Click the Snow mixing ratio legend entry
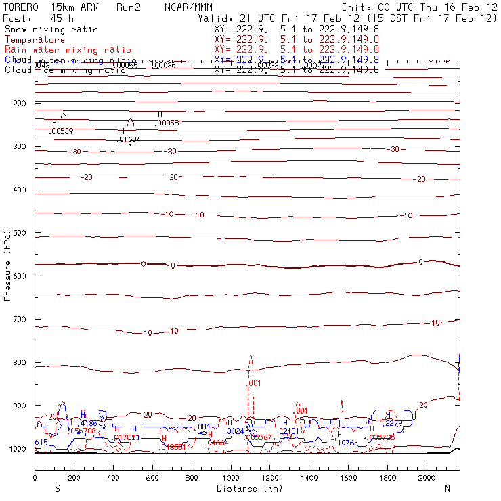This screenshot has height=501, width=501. point(51,30)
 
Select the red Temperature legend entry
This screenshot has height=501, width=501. point(35,40)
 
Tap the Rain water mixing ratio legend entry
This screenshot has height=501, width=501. point(68,50)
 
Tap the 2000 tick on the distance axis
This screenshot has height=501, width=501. point(427,478)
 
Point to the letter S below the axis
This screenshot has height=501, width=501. point(58,488)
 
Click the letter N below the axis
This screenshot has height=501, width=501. point(448,488)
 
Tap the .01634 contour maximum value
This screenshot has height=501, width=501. point(130,139)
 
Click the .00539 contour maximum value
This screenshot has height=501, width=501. point(62,131)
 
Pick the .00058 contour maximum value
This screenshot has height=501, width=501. point(167,123)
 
